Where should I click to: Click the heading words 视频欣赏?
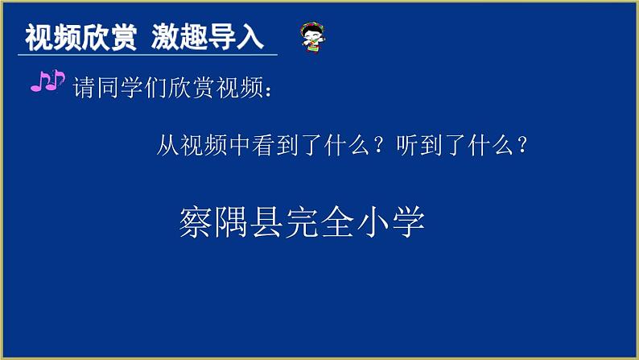coord(80,37)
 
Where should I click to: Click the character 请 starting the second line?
coord(85,88)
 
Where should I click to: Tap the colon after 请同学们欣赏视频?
coord(267,89)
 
